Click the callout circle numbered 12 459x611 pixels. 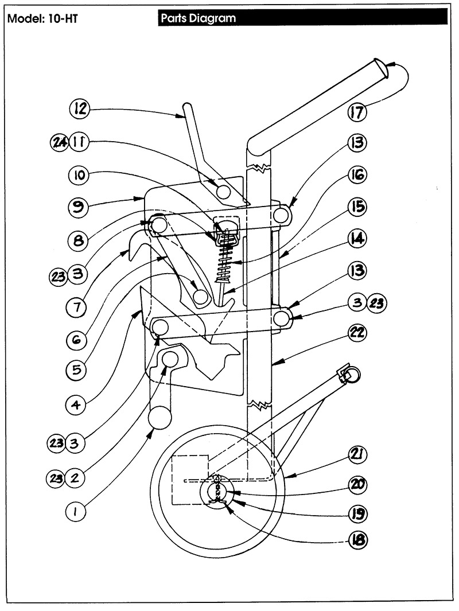[80, 108]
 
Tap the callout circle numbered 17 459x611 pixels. [357, 112]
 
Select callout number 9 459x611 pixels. [79, 207]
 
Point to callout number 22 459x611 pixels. [357, 332]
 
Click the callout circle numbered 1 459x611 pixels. [76, 511]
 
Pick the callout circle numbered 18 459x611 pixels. [357, 540]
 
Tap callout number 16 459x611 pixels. [357, 174]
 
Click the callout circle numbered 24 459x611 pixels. [60, 142]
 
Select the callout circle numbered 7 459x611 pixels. [76, 308]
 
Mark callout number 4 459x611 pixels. [76, 405]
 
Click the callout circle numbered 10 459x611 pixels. [79, 175]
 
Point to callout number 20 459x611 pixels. [357, 484]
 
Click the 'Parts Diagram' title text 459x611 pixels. [199, 18]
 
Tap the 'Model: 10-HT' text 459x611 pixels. [42, 18]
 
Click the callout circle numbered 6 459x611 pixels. [76, 340]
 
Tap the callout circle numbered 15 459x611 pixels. [357, 207]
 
